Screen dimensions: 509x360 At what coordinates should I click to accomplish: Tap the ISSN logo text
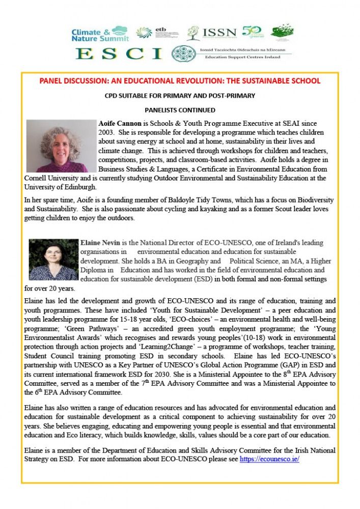point(219,33)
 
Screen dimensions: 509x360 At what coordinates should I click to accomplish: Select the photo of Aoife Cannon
point(61,146)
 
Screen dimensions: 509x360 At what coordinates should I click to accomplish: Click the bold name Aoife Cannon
point(120,124)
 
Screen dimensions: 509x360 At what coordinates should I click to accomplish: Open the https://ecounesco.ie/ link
point(269,459)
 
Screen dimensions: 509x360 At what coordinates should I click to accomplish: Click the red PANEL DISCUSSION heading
point(180,81)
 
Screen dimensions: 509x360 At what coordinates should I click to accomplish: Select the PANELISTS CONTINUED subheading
point(180,109)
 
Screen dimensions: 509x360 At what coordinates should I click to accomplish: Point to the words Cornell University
point(49,179)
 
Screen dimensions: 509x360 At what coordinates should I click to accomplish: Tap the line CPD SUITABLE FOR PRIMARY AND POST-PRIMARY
point(180,95)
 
